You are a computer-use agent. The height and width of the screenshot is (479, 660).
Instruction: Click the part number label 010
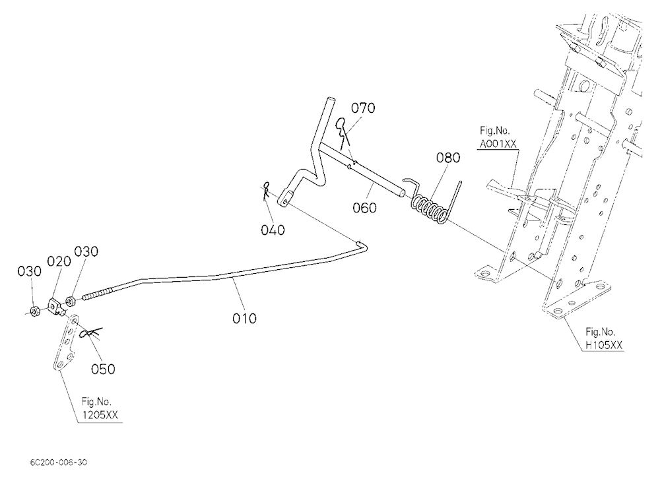(x=244, y=318)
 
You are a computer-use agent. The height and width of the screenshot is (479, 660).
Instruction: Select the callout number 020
(x=59, y=262)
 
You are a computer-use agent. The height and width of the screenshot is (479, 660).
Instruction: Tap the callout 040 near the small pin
(x=273, y=230)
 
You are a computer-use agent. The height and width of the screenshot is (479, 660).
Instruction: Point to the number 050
(x=103, y=369)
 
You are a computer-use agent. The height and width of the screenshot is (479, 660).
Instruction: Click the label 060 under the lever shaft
(x=364, y=208)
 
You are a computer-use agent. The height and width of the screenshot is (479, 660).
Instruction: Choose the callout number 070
(x=363, y=108)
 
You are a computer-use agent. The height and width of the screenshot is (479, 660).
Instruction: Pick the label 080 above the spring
(x=448, y=158)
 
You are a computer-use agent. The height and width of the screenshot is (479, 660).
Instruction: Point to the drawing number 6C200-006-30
(x=59, y=462)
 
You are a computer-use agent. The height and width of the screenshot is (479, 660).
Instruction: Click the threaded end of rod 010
(x=98, y=293)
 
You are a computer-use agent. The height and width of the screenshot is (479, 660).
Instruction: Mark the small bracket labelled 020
(x=57, y=307)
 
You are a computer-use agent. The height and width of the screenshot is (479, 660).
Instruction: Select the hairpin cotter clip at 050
(x=90, y=333)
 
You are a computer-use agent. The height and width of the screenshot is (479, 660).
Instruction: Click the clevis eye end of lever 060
(x=285, y=199)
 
